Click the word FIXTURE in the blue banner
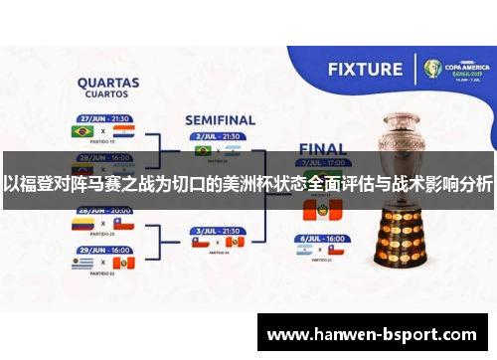pos(366,70)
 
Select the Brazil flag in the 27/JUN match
pos(81,130)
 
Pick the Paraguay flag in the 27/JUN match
pos(122,130)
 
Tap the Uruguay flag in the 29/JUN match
pos(81,263)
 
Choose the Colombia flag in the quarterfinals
pos(81,225)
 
